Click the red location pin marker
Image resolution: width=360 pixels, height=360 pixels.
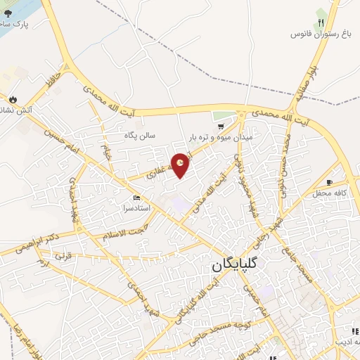(x=181, y=165)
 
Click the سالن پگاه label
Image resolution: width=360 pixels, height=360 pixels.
(x=140, y=135)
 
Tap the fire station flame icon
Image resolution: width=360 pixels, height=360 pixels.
(x=12, y=99)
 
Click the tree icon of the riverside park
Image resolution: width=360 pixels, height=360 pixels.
(x=8, y=13)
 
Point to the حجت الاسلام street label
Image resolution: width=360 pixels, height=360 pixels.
(x=127, y=232)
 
